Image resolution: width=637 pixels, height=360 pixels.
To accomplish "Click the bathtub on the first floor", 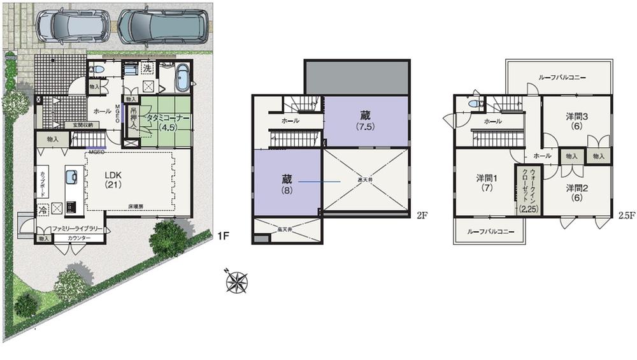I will click(x=182, y=78).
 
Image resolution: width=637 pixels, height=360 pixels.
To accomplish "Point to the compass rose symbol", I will click(x=236, y=281).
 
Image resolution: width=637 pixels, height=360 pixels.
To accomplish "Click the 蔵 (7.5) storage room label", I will click(x=365, y=120).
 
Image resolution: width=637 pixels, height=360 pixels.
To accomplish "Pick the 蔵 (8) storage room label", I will click(x=287, y=184).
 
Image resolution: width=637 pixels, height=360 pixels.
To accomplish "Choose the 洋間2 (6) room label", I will click(x=576, y=192).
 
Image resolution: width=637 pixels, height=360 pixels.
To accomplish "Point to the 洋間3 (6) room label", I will click(x=576, y=121).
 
